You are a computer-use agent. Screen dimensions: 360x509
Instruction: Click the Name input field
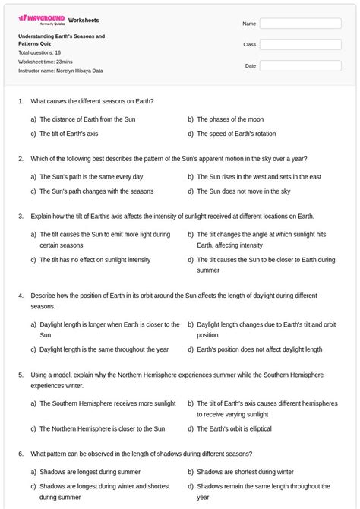coord(300,24)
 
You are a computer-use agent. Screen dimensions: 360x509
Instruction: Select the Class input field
coord(300,45)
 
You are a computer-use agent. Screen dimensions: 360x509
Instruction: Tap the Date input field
coord(300,66)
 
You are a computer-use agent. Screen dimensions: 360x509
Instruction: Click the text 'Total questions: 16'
coord(39,52)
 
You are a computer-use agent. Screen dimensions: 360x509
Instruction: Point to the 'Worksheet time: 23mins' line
coord(46,62)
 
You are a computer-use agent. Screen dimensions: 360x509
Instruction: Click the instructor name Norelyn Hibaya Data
coord(61,71)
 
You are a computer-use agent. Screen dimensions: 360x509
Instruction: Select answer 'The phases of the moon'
coord(230,119)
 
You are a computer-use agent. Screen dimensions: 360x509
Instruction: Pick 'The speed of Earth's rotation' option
coord(236,134)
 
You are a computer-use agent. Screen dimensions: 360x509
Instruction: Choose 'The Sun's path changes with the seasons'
coord(96,191)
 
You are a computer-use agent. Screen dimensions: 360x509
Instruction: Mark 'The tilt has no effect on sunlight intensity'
coord(95,260)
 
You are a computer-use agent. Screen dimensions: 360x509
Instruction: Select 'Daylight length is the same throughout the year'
coord(104,349)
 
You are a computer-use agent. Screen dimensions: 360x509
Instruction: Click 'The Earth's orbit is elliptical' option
coord(234,428)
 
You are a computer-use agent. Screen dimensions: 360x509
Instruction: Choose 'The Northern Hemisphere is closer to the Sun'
coord(102,428)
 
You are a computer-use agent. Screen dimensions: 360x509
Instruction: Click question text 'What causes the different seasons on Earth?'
coord(92,100)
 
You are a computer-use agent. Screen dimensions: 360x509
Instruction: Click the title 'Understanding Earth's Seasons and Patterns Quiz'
coord(61,40)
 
